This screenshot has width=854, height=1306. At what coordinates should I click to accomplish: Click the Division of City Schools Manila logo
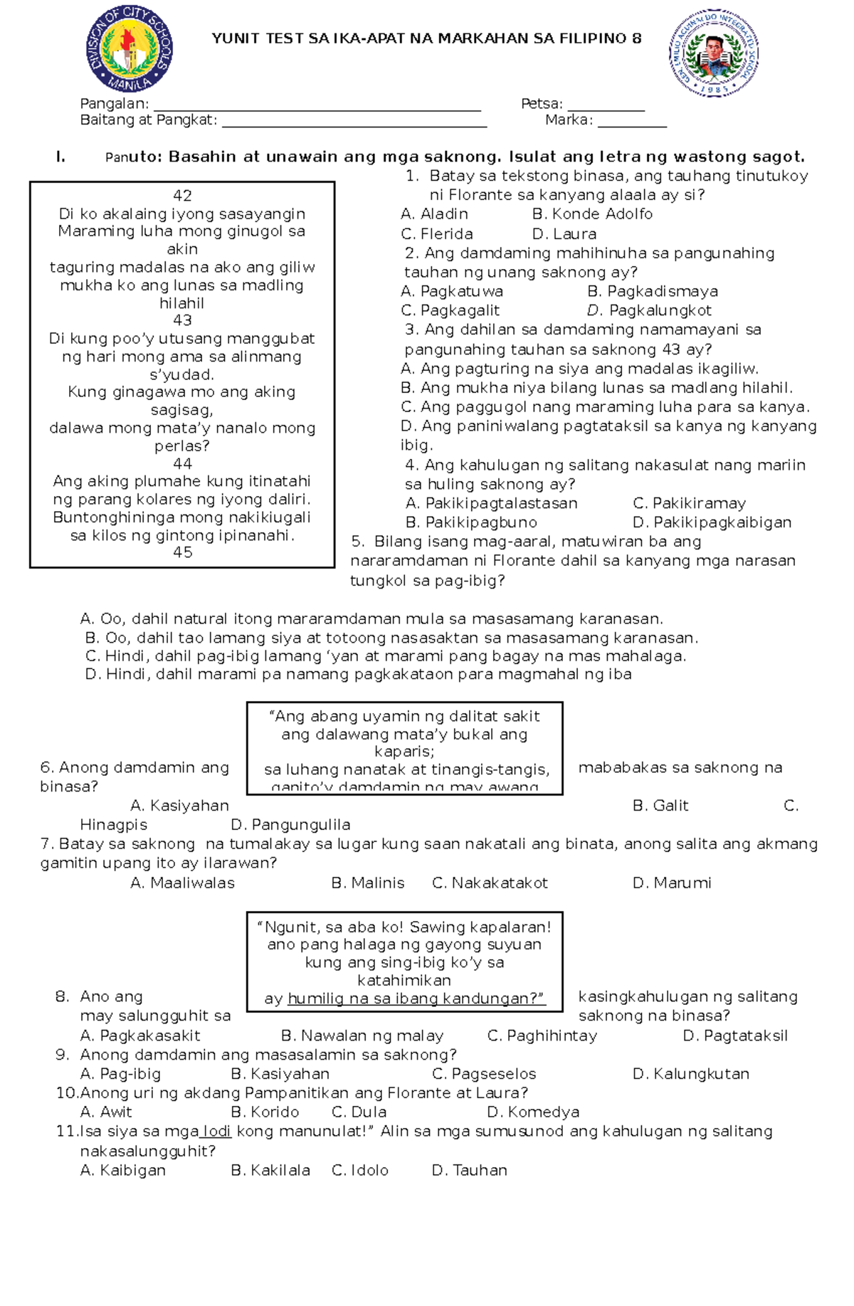[x=129, y=48]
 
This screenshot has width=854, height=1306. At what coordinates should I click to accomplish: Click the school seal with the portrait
[x=714, y=54]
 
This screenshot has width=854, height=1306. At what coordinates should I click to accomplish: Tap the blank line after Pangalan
[x=317, y=105]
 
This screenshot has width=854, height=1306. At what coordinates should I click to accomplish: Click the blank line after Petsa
[x=606, y=105]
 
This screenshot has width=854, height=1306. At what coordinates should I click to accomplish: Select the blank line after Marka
[x=632, y=122]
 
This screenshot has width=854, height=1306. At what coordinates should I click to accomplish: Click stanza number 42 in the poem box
[x=182, y=196]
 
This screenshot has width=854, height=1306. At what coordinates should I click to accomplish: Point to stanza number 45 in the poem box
[x=182, y=552]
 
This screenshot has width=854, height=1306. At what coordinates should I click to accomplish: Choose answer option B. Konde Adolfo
[x=592, y=214]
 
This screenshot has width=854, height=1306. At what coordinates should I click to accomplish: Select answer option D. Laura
[x=564, y=234]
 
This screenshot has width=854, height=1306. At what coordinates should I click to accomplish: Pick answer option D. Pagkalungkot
[x=649, y=310]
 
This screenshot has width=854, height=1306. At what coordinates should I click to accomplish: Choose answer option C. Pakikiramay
[x=689, y=503]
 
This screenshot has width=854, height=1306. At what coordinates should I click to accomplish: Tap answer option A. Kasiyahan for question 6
[x=180, y=806]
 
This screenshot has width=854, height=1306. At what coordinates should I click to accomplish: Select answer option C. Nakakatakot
[x=490, y=883]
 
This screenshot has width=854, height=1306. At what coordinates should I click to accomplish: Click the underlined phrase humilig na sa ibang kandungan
[x=416, y=999]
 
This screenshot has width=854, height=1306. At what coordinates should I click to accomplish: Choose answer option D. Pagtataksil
[x=735, y=1036]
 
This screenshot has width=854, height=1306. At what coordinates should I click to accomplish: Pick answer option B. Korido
[x=265, y=1112]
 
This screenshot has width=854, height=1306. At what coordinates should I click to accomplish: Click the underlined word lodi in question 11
[x=216, y=1131]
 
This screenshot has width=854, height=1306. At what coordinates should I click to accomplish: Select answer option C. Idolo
[x=360, y=1170]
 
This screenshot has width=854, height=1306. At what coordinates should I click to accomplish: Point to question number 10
[x=67, y=1092]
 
